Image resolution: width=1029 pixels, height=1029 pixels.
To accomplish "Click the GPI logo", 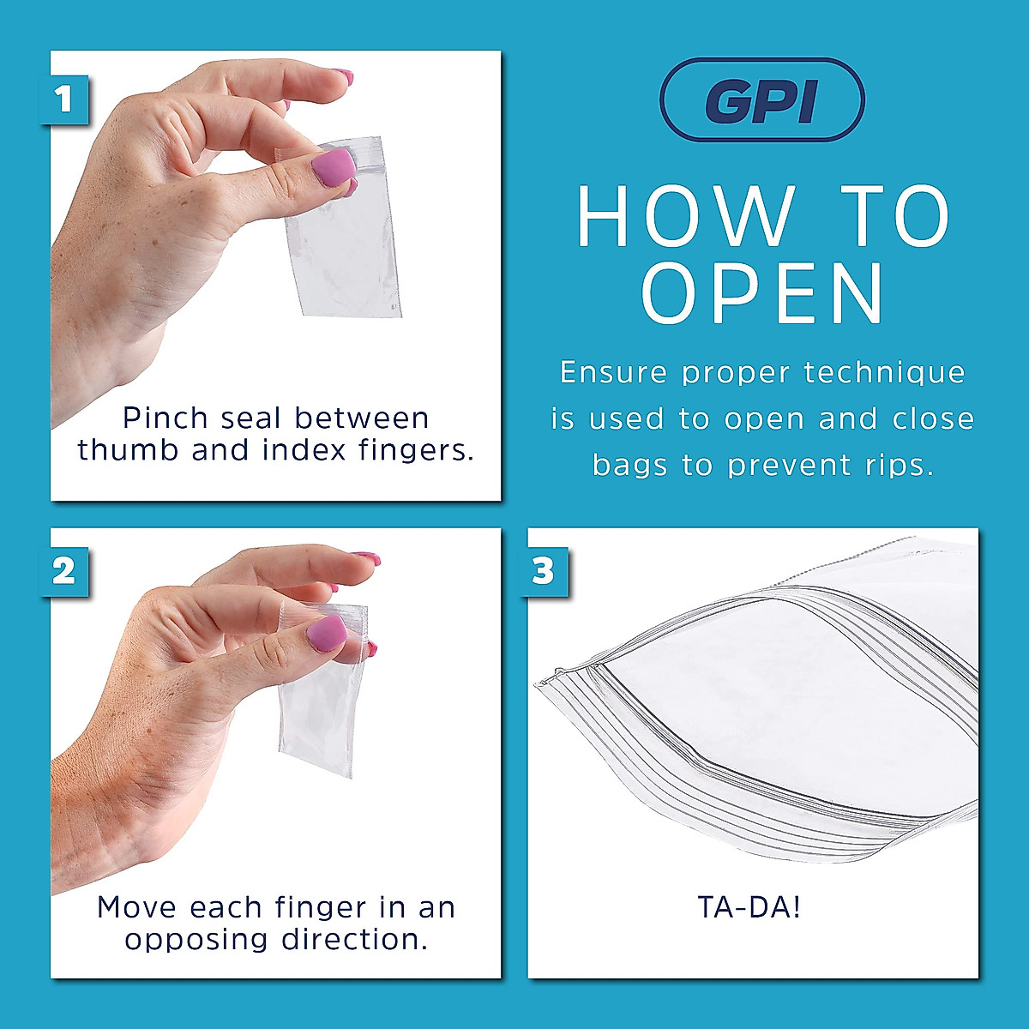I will coord(761,99).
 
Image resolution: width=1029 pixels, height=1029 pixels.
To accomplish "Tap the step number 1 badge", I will coord(64,99).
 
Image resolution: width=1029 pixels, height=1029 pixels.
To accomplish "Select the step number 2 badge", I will coord(64,571).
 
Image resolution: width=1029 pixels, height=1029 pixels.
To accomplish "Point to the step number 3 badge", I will coord(543,571).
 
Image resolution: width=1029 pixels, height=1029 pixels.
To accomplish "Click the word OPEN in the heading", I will coord(762,294).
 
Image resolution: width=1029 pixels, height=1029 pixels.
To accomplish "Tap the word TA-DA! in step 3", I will coord(750,906).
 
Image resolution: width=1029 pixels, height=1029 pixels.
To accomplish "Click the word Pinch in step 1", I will coord(165,418).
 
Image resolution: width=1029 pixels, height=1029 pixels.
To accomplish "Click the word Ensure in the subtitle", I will coord(614,372).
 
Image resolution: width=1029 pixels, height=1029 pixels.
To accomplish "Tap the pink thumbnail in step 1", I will coord(333,165).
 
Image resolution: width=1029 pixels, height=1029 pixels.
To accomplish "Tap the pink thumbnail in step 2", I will coord(327,634).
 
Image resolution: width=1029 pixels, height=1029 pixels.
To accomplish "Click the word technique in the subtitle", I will coord(885,372).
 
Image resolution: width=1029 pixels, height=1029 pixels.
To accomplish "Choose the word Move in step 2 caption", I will coord(137,907).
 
